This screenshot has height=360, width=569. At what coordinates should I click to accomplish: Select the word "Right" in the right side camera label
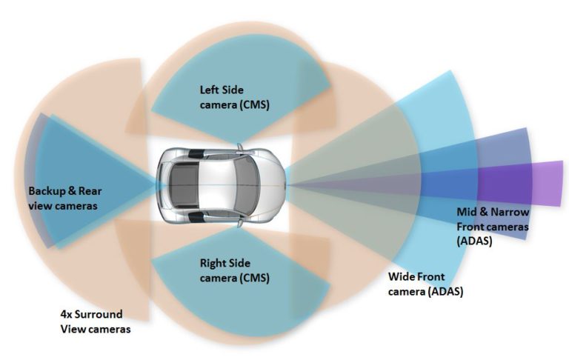(214, 262)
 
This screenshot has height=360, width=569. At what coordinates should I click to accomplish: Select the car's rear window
(179, 181)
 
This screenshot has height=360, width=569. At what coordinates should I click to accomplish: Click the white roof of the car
(211, 181)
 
